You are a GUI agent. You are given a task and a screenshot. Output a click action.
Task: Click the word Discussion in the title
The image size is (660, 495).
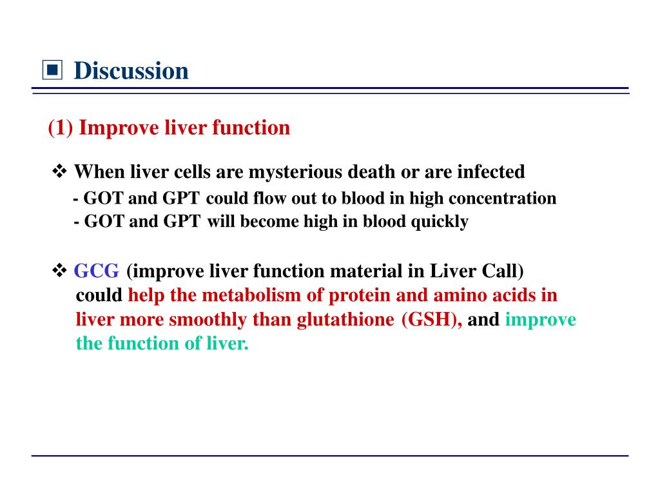click(131, 70)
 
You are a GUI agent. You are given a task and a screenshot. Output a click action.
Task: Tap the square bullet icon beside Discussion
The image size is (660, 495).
click(52, 70)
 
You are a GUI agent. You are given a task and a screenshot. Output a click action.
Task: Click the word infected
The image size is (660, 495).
click(491, 172)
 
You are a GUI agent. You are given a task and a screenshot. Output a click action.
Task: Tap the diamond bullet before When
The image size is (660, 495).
click(59, 172)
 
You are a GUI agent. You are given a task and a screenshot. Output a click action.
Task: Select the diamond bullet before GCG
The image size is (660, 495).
click(59, 270)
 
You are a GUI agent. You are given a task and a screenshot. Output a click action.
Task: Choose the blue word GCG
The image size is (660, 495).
click(97, 270)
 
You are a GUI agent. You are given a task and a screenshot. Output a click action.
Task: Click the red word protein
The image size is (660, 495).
click(355, 295)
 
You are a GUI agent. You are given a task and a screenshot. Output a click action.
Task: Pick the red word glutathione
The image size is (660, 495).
click(345, 320)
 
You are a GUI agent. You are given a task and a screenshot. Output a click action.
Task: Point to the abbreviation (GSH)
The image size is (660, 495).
click(431, 320)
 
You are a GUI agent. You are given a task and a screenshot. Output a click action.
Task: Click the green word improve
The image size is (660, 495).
click(541, 320)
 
